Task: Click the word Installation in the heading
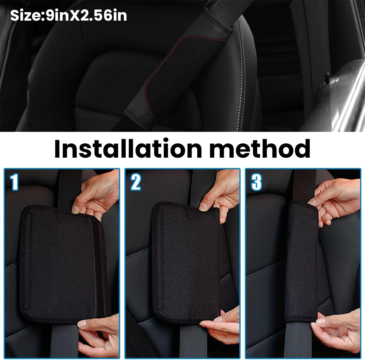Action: pyautogui.click(x=127, y=149)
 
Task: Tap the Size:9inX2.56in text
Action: pyautogui.click(x=68, y=15)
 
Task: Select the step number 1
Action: pyautogui.click(x=14, y=182)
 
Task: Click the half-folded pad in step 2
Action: pyautogui.click(x=186, y=261)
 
